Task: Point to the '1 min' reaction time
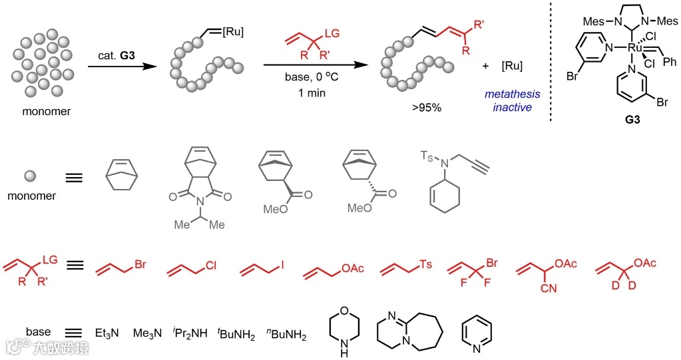point(312,92)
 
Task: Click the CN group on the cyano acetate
point(550,289)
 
